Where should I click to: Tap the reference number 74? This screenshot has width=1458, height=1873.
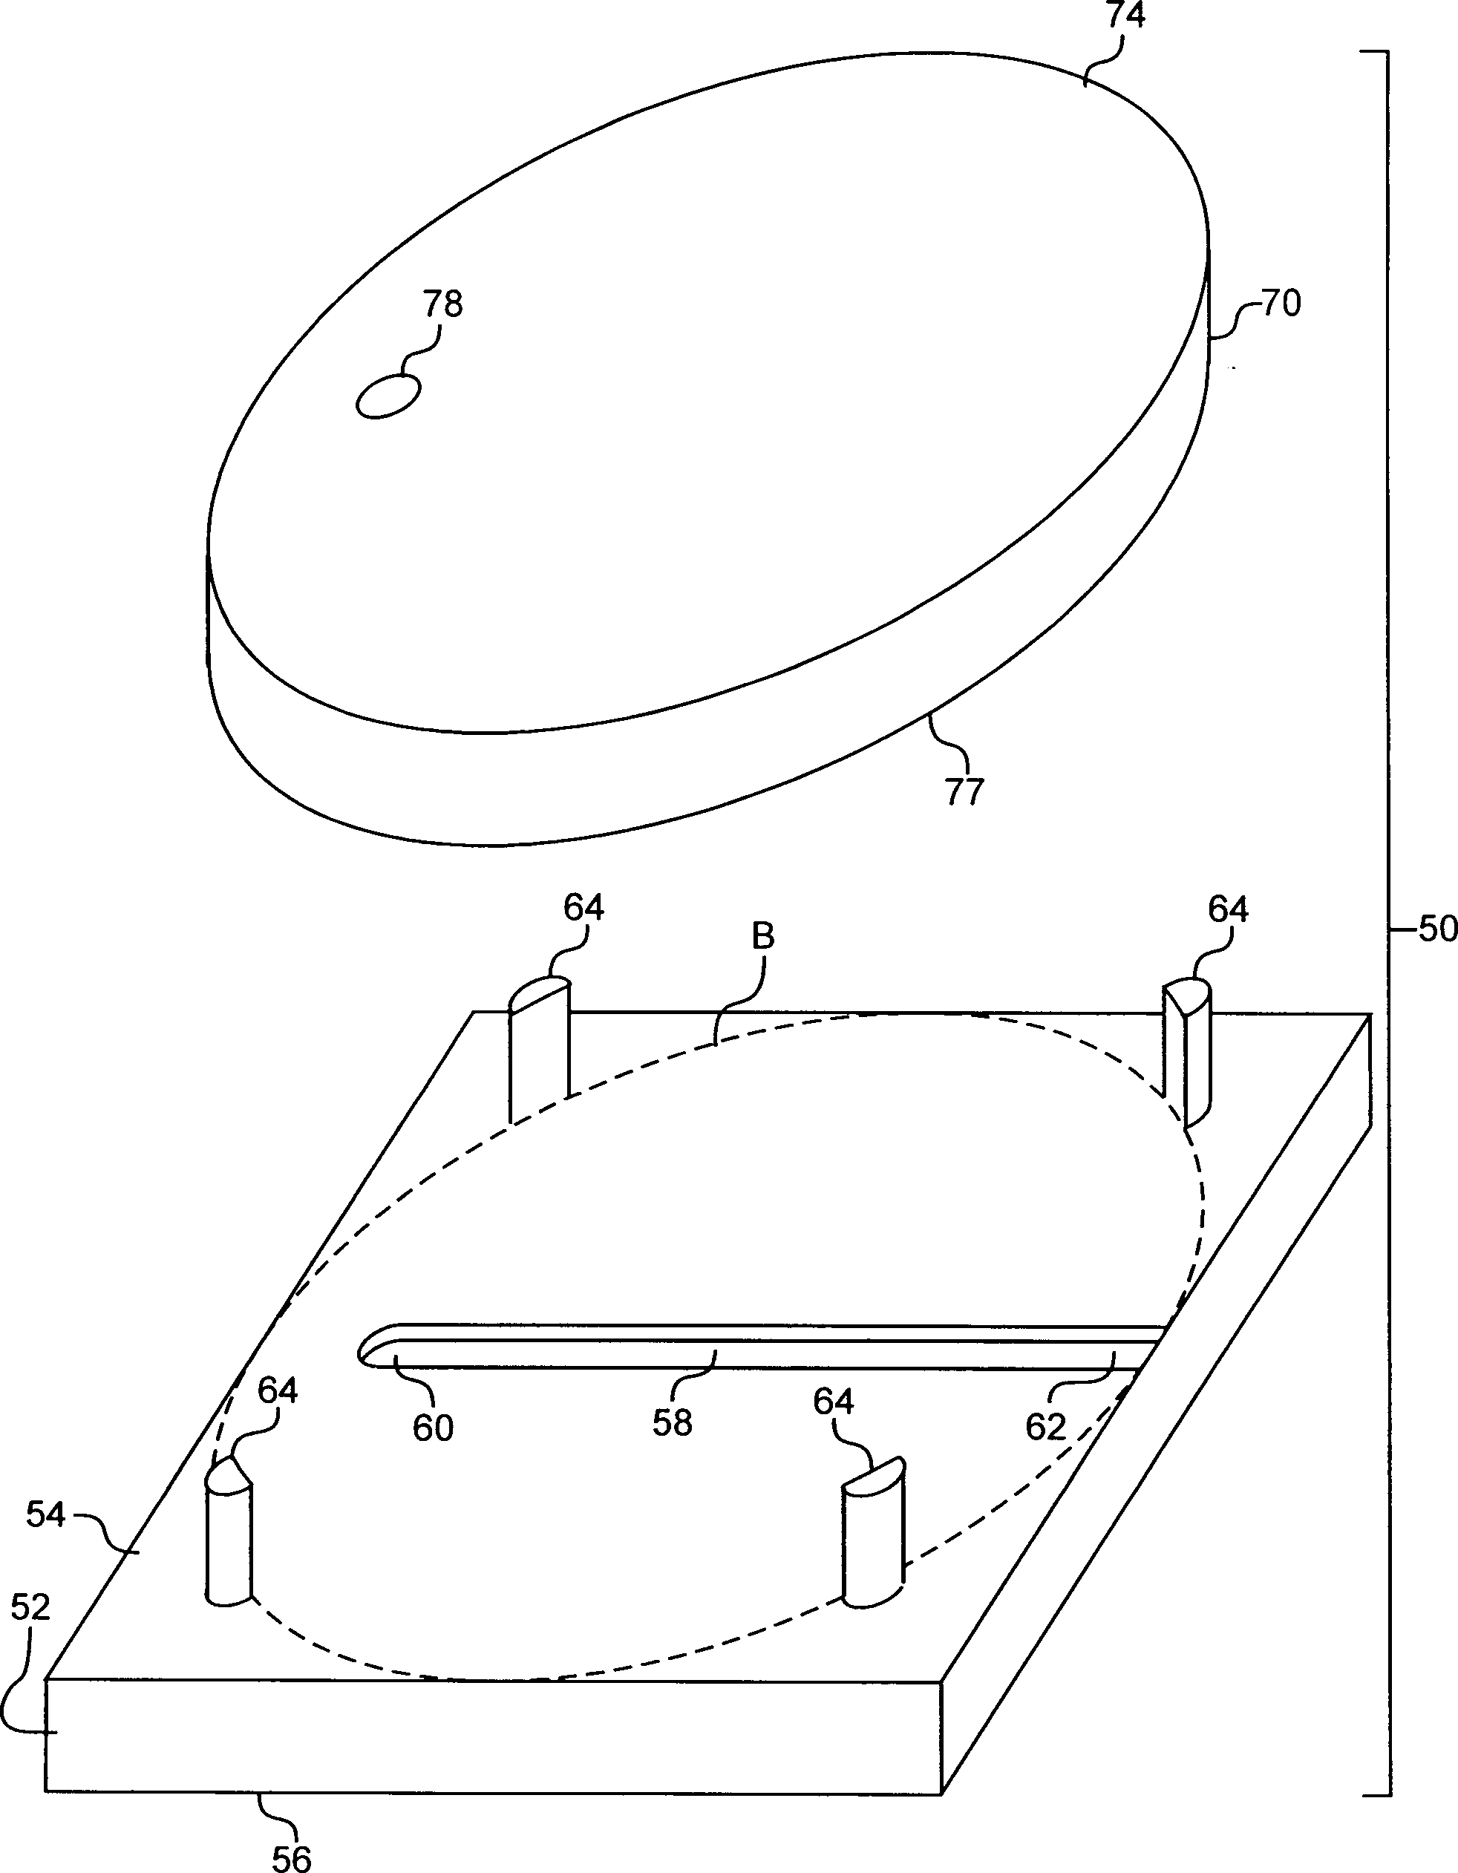[x=1125, y=16]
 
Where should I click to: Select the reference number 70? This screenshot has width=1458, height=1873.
[x=1281, y=303]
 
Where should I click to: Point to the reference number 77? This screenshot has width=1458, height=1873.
[x=965, y=791]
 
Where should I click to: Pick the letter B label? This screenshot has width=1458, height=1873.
[x=762, y=938]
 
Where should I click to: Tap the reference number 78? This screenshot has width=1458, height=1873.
[x=442, y=304]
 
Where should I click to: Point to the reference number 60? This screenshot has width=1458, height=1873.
[x=433, y=1428]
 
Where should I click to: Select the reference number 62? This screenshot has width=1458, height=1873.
[x=1045, y=1427]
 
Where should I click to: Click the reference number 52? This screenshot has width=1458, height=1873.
[x=31, y=1608]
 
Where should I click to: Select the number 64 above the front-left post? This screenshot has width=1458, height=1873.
[x=277, y=1390]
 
